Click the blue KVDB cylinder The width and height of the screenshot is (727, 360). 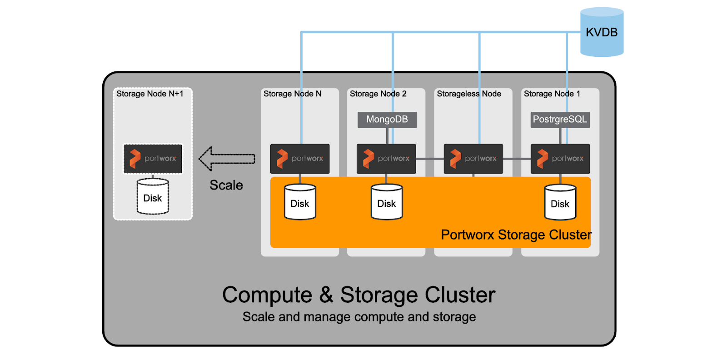602,32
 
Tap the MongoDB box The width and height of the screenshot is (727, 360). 387,120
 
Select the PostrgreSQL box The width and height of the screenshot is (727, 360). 560,120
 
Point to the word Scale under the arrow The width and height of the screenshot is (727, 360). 226,185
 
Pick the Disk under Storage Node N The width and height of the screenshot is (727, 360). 300,203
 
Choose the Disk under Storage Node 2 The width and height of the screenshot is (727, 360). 387,203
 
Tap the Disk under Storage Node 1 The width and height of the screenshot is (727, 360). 560,203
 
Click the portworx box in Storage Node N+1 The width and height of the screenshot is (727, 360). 153,159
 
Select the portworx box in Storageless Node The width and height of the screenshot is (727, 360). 473,159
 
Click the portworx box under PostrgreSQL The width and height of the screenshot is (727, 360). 560,159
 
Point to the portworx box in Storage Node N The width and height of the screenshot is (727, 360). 300,159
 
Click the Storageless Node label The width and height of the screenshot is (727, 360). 468,94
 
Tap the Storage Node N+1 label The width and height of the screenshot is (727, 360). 149,94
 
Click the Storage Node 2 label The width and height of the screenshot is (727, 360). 378,94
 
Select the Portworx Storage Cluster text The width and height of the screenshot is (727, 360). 516,235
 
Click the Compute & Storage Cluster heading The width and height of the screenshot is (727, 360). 359,295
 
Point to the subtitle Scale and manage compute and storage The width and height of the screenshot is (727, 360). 359,317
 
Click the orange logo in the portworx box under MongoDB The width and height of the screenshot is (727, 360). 368,159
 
